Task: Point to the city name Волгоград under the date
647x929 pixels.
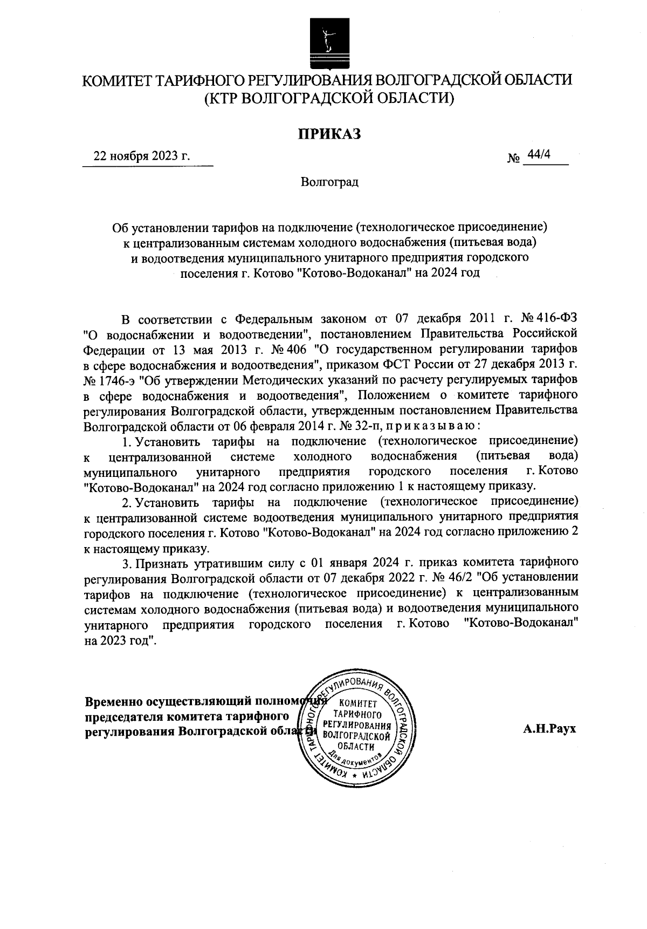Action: tap(329, 182)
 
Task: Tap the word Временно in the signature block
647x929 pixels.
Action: tap(114, 702)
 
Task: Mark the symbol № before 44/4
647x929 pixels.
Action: tap(513, 158)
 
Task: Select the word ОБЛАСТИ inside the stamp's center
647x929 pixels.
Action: tap(356, 746)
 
